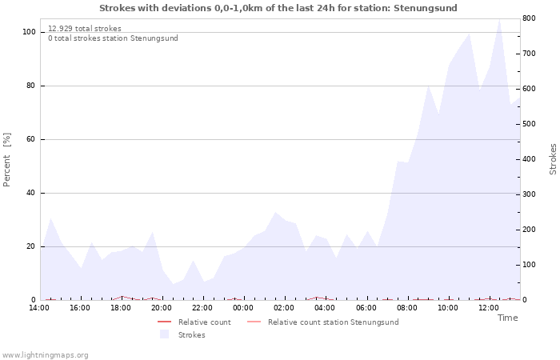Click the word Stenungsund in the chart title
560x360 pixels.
425,8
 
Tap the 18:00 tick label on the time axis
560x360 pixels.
120,308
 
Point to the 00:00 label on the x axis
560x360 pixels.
243,308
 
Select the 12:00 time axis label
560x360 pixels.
488,308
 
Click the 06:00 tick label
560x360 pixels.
366,308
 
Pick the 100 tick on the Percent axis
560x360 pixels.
29,32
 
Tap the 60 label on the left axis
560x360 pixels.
30,139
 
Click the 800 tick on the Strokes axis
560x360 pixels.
529,18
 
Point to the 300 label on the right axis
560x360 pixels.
529,194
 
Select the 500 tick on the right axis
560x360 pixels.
529,124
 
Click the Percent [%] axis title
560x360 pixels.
6,160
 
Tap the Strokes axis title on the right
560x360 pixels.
553,159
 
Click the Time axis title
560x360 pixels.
507,318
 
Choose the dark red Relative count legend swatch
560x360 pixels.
164,322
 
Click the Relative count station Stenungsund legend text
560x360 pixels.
334,322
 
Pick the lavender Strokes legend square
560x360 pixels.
164,334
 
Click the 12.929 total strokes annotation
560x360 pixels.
85,29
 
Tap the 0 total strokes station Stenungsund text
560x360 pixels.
113,38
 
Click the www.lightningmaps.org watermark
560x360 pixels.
44,355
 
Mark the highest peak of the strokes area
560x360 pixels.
499,19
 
